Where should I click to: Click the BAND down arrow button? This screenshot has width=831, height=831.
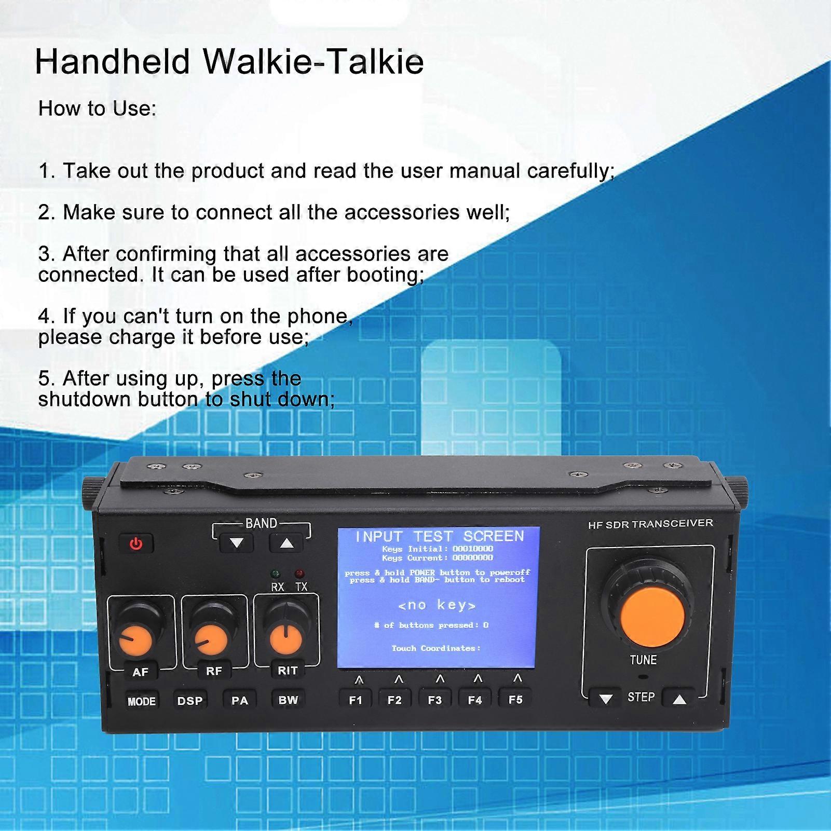(x=237, y=543)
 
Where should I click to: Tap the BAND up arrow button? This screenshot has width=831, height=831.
(x=287, y=543)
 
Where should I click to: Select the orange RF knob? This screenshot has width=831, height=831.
(x=211, y=640)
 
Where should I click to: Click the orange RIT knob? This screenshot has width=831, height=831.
(x=286, y=639)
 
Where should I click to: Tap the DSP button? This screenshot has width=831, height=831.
(x=190, y=701)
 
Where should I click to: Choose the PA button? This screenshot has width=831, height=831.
(x=239, y=700)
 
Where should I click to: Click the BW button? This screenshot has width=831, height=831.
(x=288, y=700)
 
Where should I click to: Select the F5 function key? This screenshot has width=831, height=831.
(x=515, y=699)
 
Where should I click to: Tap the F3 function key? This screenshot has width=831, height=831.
(x=435, y=700)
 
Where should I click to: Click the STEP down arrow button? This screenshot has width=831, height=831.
(x=605, y=699)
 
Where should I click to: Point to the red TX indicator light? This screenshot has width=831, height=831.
(x=299, y=574)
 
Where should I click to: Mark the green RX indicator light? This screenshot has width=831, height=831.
(x=276, y=574)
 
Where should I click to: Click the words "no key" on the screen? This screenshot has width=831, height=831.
(x=437, y=605)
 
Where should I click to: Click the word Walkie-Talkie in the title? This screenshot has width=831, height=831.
(x=313, y=62)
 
